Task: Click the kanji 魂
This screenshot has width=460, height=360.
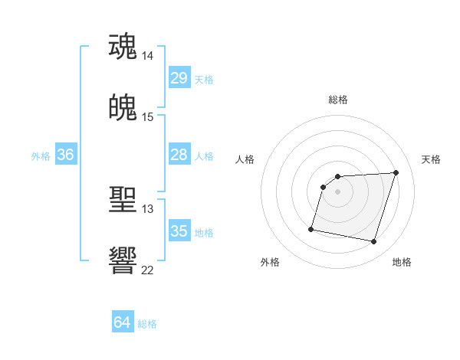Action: pyautogui.click(x=123, y=46)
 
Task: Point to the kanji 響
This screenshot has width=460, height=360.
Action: pyautogui.click(x=123, y=260)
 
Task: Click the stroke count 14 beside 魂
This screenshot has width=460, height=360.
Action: pyautogui.click(x=148, y=56)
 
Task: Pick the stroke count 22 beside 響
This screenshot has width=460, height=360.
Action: pyautogui.click(x=147, y=270)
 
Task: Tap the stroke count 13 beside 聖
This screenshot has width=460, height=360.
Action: pyautogui.click(x=147, y=208)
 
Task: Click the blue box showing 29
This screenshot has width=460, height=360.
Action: pyautogui.click(x=179, y=78)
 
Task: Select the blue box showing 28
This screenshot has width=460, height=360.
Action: pyautogui.click(x=179, y=155)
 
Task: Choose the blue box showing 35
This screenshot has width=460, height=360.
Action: pyautogui.click(x=179, y=231)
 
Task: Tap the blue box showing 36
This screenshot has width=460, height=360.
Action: pyautogui.click(x=65, y=155)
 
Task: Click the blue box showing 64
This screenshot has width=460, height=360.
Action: pyautogui.click(x=122, y=322)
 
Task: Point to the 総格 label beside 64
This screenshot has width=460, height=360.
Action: pyautogui.click(x=147, y=324)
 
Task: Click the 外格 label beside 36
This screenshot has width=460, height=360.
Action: pyautogui.click(x=41, y=156)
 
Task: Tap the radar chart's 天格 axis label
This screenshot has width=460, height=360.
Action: pyautogui.click(x=431, y=159)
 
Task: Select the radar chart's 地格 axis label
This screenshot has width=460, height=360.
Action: pyautogui.click(x=402, y=262)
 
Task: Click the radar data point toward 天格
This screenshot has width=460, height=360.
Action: pyautogui.click(x=396, y=172)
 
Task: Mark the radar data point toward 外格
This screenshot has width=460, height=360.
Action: pyautogui.click(x=311, y=228)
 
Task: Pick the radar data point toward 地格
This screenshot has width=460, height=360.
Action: pyautogui.click(x=373, y=242)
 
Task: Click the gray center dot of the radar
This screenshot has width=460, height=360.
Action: pyautogui.click(x=337, y=191)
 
